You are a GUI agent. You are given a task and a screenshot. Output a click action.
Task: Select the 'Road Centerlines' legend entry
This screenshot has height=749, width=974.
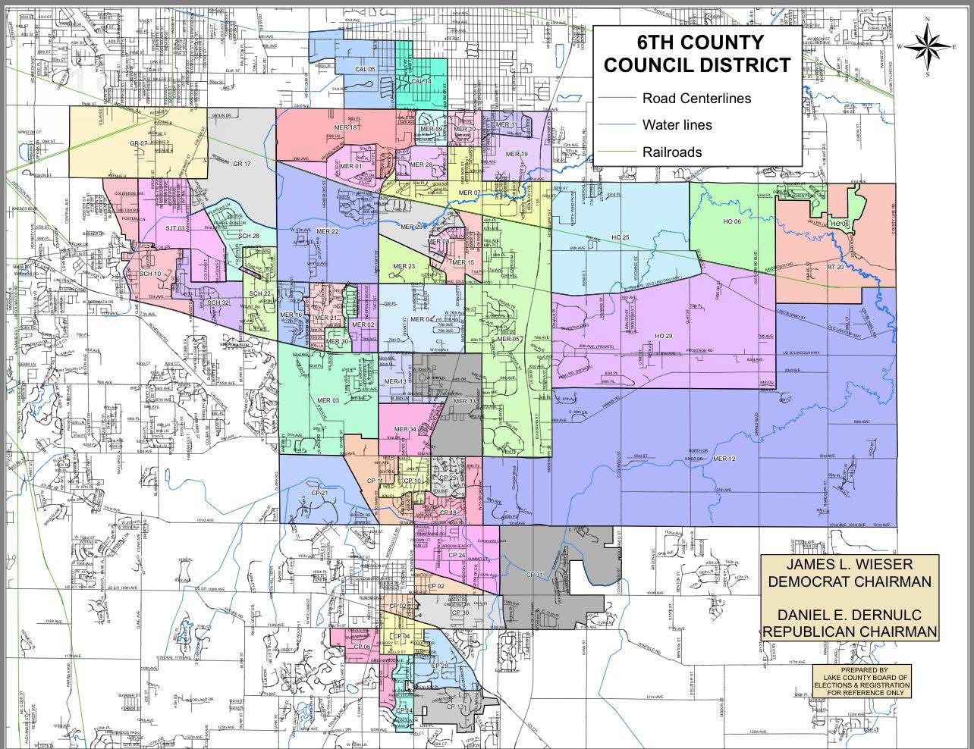point(696,98)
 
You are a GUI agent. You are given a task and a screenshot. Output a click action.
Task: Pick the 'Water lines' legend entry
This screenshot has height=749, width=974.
point(677,125)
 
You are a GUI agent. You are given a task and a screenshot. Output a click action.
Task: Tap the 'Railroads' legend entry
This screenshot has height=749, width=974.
point(671,152)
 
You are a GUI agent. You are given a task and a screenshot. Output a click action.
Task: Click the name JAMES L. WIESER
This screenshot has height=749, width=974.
point(849,565)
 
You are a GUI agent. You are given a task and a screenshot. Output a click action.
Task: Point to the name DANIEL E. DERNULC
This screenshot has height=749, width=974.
point(849,614)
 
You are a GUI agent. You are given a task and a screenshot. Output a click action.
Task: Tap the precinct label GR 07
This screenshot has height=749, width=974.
point(138,143)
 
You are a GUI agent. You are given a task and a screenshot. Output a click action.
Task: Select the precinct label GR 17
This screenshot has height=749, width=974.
point(242,164)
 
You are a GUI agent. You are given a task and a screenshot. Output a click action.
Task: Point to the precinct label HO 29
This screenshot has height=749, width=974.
point(663,335)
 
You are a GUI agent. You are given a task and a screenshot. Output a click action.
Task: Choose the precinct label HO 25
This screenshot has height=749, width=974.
point(620,238)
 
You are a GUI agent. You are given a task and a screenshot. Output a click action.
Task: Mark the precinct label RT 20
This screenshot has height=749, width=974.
point(835,267)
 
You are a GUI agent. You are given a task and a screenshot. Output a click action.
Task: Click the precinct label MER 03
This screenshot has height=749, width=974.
point(328,400)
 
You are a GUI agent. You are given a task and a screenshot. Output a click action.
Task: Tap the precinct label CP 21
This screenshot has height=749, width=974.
point(319,494)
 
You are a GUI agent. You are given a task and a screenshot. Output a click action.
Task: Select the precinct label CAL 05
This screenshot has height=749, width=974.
point(365,69)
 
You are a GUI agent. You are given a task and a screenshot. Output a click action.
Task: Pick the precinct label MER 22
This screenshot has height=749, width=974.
point(327,230)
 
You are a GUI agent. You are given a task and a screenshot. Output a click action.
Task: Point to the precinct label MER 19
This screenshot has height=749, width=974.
point(517,155)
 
